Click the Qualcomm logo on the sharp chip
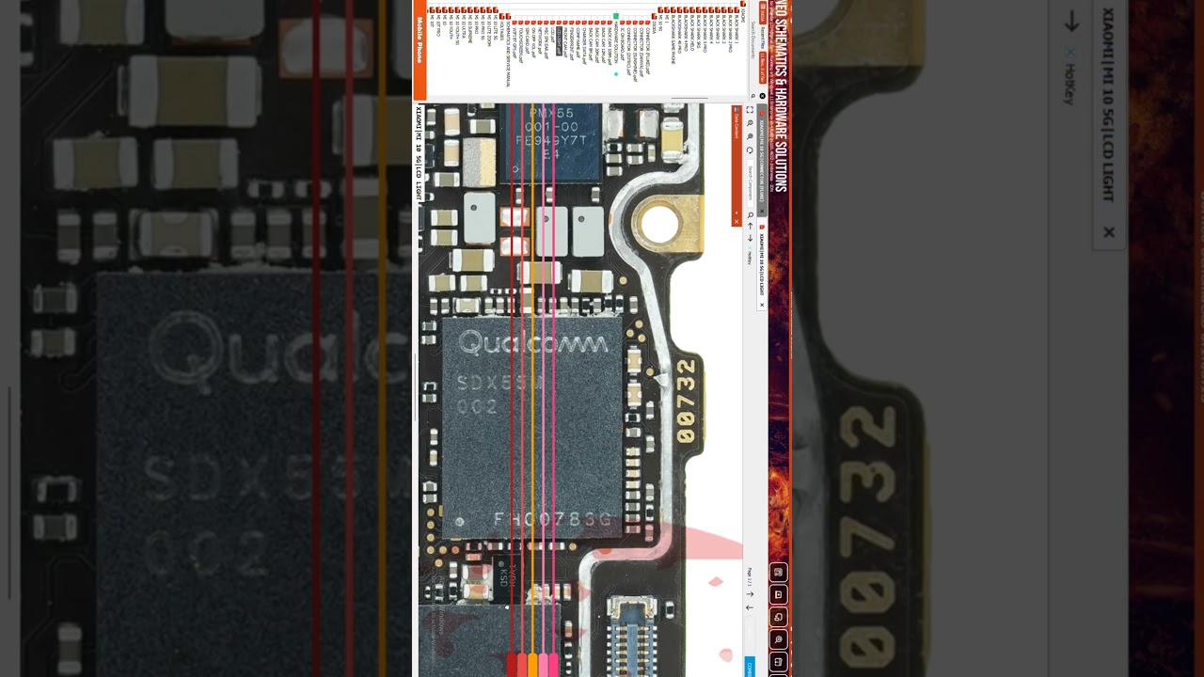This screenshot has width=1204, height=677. [x=532, y=343]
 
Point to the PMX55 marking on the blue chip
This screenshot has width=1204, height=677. [x=551, y=114]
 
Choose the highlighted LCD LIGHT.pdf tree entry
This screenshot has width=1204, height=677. [x=559, y=41]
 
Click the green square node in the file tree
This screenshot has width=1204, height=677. [x=616, y=16]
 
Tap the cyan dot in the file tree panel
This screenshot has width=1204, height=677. [x=616, y=73]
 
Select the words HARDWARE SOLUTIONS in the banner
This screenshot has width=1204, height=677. [x=781, y=141]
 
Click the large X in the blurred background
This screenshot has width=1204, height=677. [x=1109, y=231]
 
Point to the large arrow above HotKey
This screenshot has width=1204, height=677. [x=1071, y=24]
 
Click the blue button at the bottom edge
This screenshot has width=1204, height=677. [x=750, y=666]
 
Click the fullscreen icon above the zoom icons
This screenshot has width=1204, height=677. [x=750, y=110]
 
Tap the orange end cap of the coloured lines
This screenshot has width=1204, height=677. [x=532, y=664]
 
